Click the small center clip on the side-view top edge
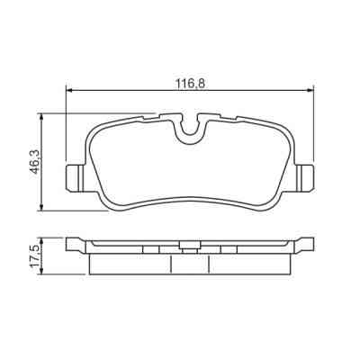186,245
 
